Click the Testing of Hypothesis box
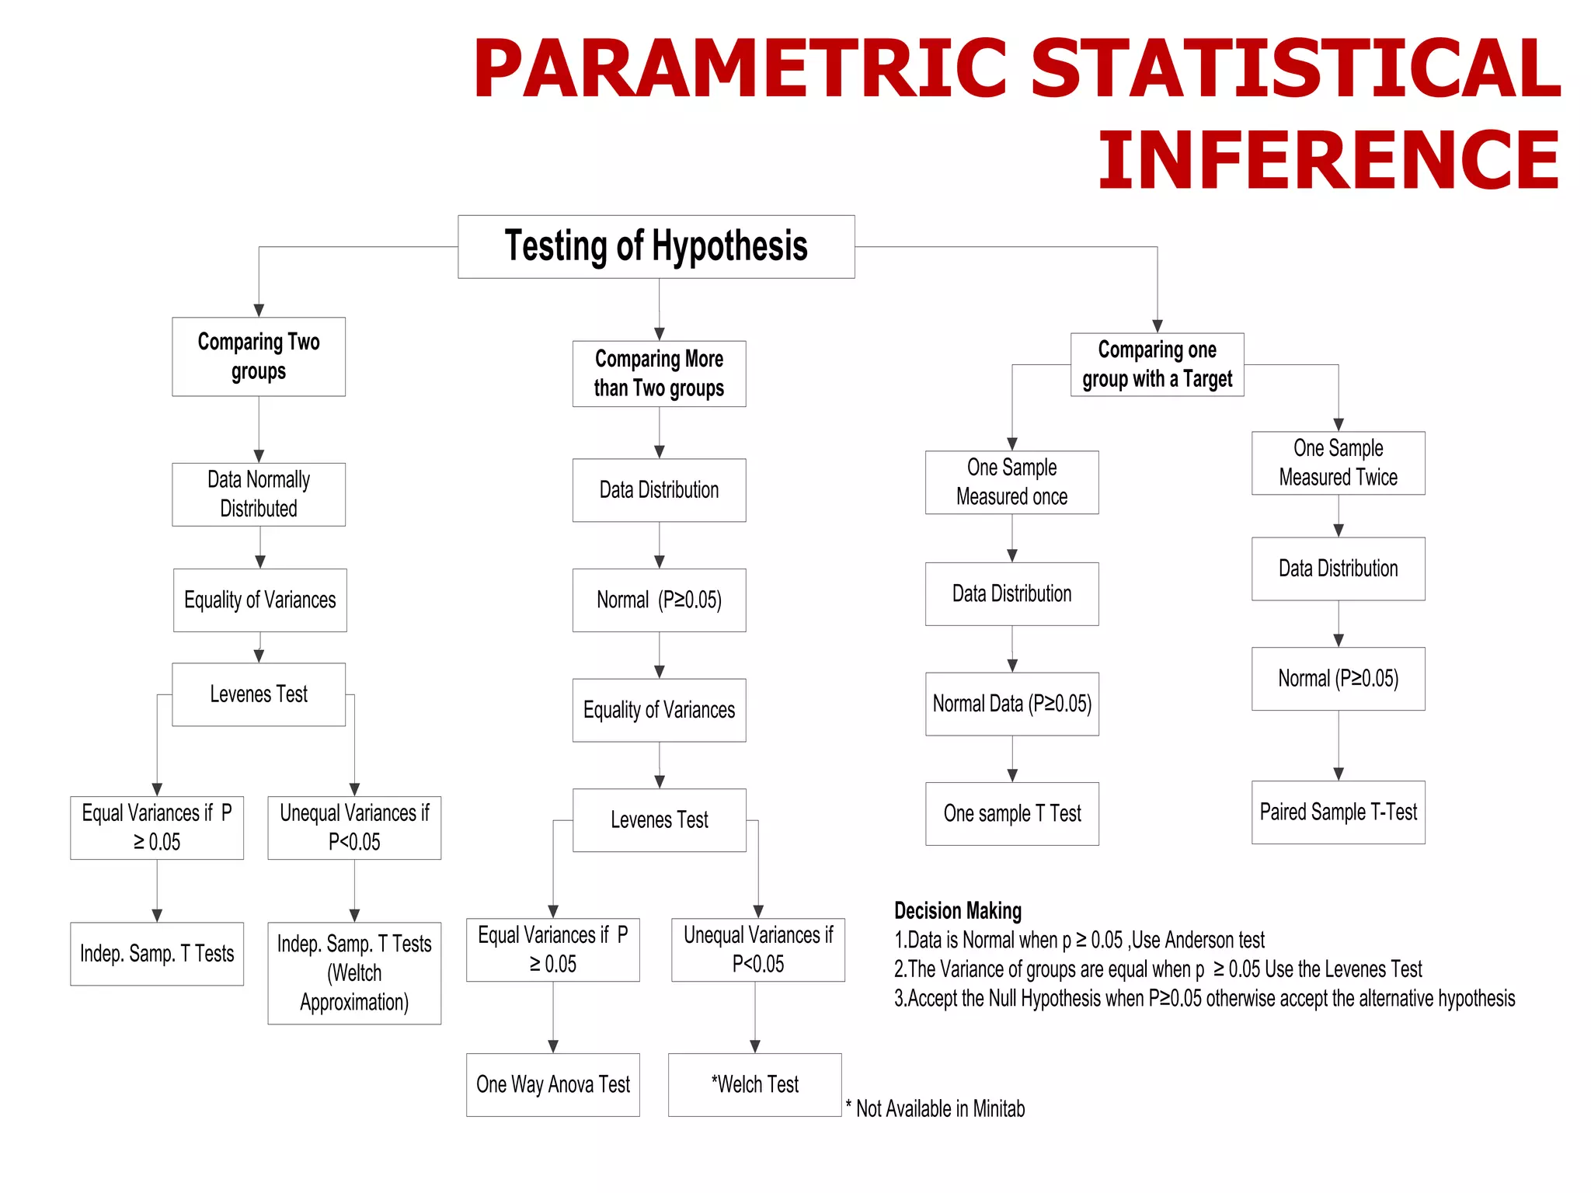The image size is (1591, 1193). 656,246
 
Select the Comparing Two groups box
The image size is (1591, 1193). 259,357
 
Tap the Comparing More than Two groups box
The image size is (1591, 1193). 659,374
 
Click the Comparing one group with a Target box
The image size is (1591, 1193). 1157,364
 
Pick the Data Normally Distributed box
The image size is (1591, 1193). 259,494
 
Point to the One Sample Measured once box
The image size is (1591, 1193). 1011,482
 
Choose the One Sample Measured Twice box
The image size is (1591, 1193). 1338,463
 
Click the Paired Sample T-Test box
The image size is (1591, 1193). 1338,812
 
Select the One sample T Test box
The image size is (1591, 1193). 1011,813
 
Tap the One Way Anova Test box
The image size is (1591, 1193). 552,1084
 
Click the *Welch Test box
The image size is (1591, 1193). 754,1084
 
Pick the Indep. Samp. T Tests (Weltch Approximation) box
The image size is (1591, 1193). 354,972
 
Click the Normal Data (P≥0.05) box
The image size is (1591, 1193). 1011,704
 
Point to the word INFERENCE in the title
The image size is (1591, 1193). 1328,160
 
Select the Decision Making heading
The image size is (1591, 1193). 957,910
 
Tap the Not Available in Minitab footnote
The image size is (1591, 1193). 935,1108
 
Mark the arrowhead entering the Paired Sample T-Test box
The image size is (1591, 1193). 1338,774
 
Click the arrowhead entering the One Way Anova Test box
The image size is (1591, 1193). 552,1046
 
